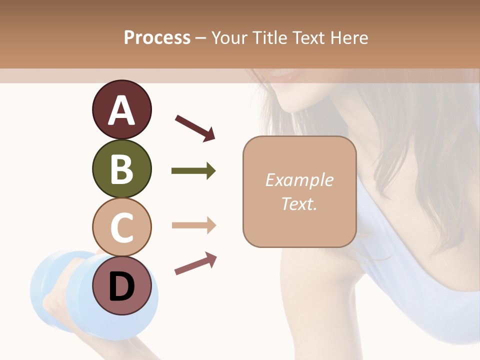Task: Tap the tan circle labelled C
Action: [121, 227]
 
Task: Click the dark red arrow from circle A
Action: [195, 128]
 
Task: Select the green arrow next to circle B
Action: [193, 171]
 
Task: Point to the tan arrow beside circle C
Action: [194, 225]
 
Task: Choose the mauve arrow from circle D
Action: [195, 263]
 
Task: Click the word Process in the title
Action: [157, 37]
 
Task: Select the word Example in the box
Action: [299, 180]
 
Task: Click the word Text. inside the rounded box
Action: [299, 203]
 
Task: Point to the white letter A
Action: [121, 110]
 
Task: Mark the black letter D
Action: [121, 287]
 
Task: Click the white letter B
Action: [121, 168]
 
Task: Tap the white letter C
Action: [121, 227]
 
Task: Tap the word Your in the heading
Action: [230, 37]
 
